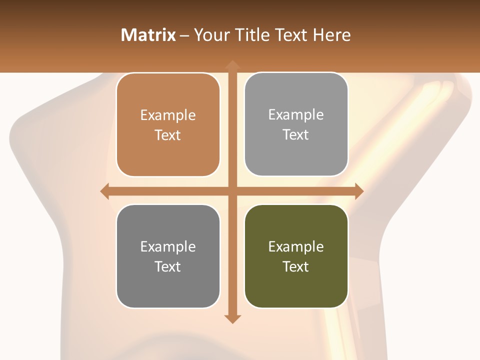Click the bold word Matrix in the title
point(148,35)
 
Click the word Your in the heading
point(211,35)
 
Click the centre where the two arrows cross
point(232,191)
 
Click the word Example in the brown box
point(168,115)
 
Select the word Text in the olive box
point(296,266)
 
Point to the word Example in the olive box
point(296,246)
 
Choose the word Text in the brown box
point(168,135)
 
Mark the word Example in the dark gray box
point(168,246)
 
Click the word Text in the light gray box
point(296,134)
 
